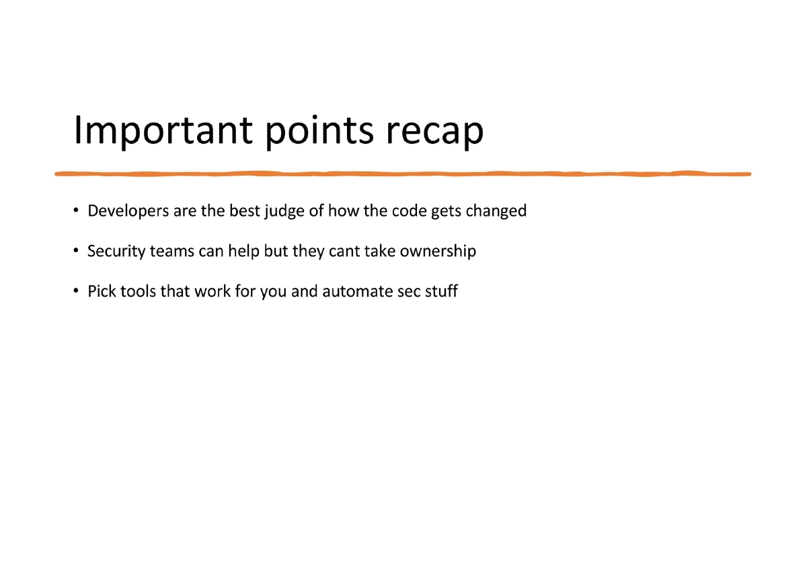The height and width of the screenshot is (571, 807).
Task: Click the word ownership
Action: point(438,252)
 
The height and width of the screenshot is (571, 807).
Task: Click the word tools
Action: point(138,292)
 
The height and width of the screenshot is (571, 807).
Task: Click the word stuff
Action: point(441,292)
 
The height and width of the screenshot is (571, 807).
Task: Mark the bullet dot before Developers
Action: point(77,212)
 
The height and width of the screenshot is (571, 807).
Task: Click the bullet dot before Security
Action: point(77,252)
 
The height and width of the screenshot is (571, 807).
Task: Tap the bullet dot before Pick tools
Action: point(77,293)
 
